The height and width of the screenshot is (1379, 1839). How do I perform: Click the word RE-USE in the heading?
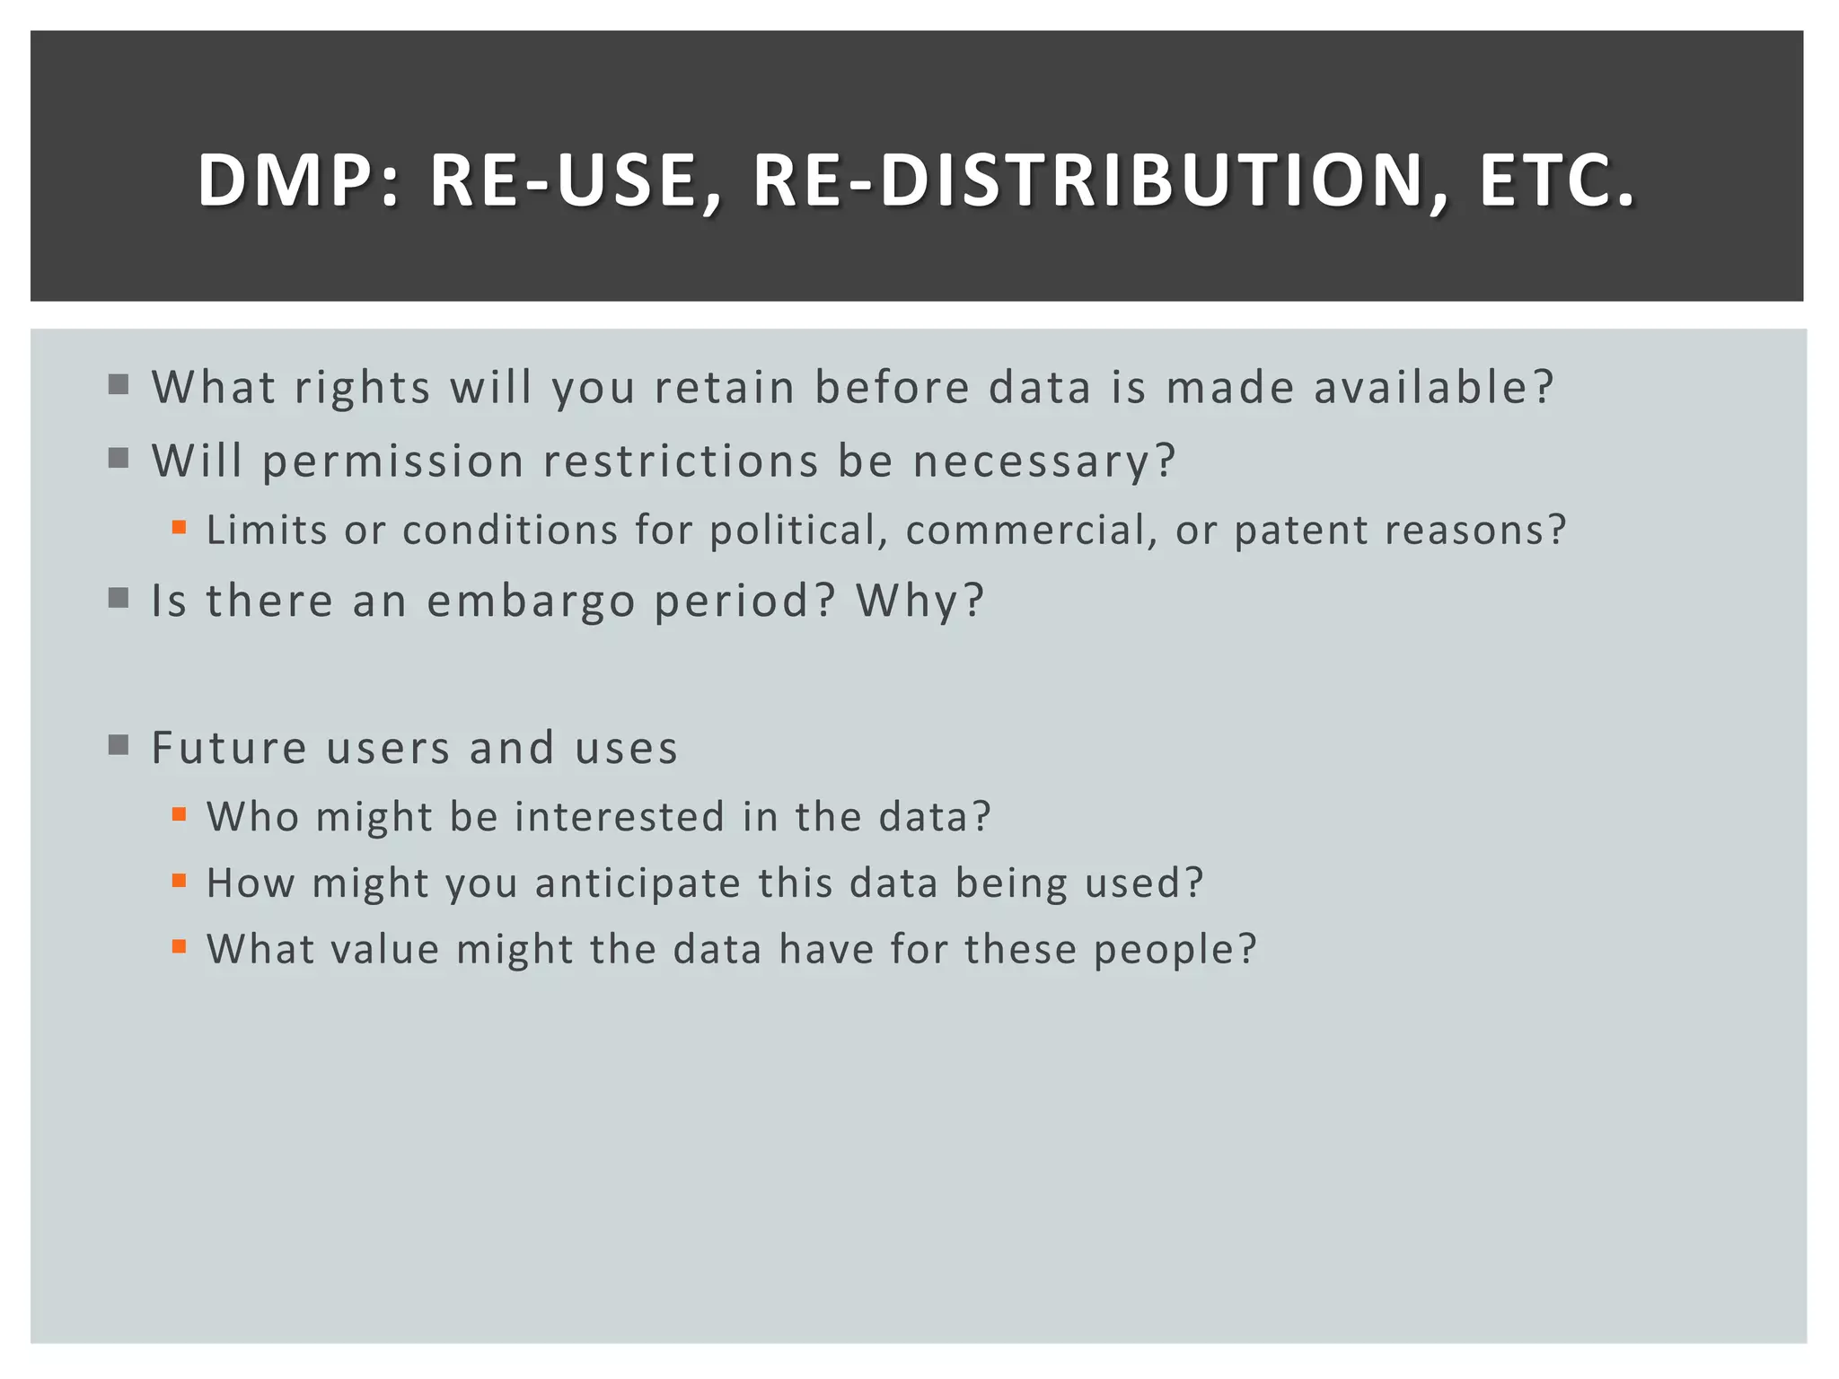pos(576,180)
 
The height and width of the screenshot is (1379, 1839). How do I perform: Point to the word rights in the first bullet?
pos(363,389)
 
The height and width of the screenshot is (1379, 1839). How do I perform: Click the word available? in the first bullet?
pos(1434,387)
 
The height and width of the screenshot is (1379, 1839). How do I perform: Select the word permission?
pos(392,462)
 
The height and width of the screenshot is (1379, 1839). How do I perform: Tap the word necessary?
pos(1044,462)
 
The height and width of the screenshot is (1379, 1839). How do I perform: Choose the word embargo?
pos(531,601)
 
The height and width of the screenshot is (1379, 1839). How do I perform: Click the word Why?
pos(920,601)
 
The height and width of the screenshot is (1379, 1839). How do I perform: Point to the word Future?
pos(229,748)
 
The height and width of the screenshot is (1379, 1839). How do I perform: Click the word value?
pos(385,949)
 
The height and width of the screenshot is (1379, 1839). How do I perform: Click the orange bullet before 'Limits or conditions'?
pos(180,528)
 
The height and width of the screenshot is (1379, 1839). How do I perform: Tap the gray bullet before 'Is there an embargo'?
pos(119,598)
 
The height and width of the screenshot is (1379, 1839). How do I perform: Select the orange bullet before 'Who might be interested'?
pos(180,814)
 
